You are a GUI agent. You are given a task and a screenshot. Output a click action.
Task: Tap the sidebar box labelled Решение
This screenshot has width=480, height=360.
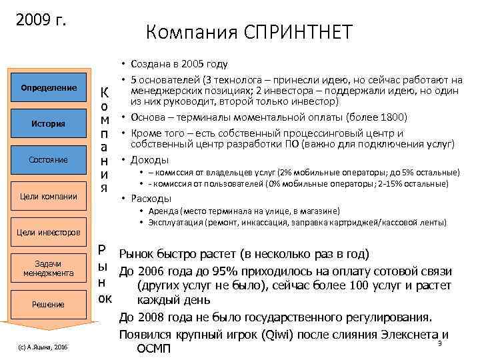point(49,305)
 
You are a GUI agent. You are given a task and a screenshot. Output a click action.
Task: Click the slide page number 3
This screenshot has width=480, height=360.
point(440,343)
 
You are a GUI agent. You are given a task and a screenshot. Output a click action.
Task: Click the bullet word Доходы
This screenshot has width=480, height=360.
point(150,160)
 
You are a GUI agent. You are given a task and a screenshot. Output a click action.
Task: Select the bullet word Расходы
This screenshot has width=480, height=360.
point(152,198)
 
